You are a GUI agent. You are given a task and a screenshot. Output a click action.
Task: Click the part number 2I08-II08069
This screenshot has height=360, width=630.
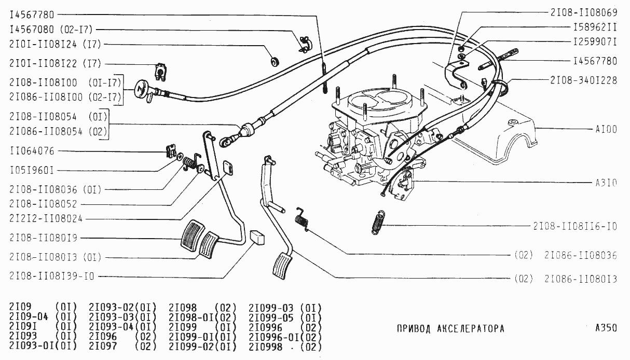(x=584, y=11)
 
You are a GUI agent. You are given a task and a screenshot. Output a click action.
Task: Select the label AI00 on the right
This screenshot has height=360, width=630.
(x=606, y=129)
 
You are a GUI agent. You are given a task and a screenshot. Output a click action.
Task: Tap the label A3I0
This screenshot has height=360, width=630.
(x=606, y=183)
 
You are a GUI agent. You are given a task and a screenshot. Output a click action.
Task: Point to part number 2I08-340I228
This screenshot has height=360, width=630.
(x=584, y=80)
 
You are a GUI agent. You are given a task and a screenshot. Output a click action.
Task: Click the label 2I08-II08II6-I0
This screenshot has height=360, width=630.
(x=575, y=227)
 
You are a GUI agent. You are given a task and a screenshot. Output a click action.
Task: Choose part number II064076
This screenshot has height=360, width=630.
(x=32, y=151)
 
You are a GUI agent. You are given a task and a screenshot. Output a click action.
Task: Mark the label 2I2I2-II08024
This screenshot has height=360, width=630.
(x=46, y=219)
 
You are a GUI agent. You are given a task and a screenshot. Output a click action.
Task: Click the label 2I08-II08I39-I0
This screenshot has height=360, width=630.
(x=52, y=276)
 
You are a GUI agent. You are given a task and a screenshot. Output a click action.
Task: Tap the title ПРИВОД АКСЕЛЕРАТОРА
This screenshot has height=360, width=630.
(x=450, y=329)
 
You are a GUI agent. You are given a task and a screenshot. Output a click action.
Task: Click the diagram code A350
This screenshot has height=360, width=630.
(x=606, y=328)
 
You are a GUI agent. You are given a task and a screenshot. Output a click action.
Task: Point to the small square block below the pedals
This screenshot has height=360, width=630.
(x=257, y=237)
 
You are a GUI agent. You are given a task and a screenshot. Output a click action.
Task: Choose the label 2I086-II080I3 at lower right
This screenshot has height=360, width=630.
(x=580, y=279)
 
